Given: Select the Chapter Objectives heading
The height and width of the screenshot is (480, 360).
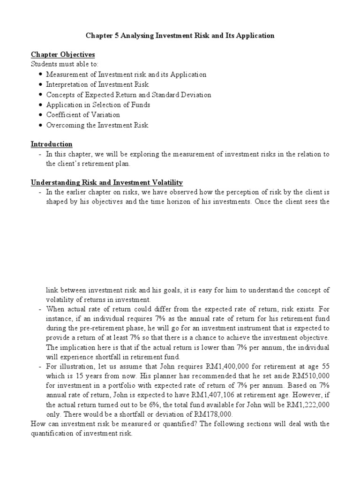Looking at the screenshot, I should pos(63,55).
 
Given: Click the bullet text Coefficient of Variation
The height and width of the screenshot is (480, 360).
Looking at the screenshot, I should pos(82,115).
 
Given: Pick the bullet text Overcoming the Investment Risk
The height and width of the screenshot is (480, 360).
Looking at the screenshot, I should pos(97,125).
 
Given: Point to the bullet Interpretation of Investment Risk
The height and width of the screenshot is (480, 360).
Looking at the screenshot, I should pos(97,84).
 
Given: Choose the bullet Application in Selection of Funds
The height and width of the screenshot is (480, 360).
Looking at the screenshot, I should pos(97,105).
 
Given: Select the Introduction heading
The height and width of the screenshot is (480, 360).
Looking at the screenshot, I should pos(52,144).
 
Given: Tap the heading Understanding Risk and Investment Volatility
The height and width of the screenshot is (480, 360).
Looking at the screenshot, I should pos(106,182).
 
